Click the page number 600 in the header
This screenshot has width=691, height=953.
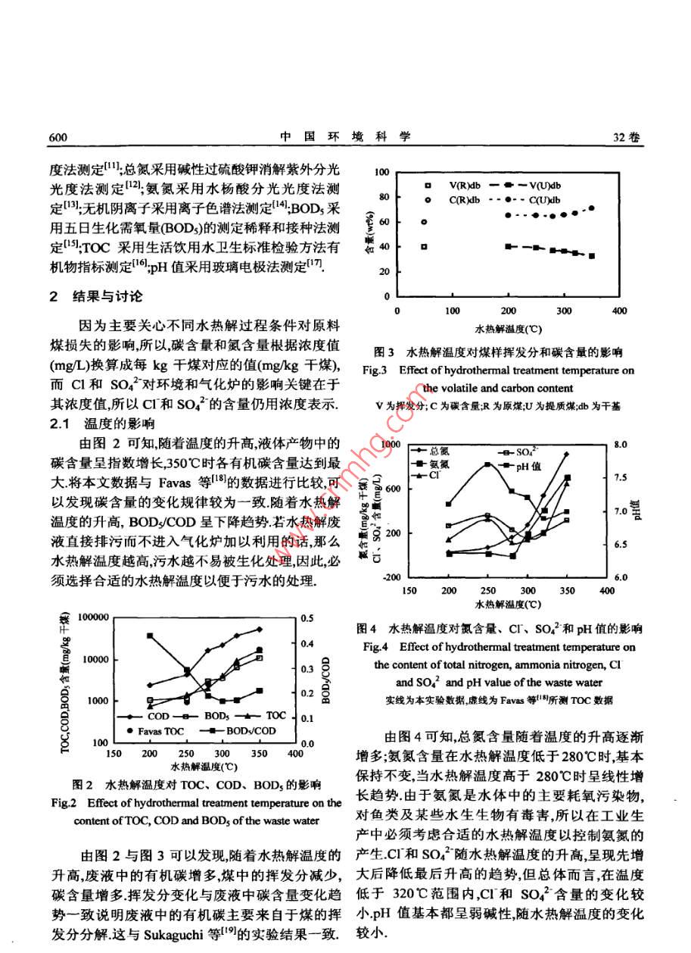point(59,137)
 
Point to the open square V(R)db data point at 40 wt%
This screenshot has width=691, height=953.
point(425,246)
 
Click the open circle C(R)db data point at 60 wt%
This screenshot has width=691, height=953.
point(425,222)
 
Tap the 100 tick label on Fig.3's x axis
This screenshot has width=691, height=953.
point(453,310)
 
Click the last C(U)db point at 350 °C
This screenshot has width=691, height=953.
point(591,208)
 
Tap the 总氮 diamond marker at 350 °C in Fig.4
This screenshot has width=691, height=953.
point(566,454)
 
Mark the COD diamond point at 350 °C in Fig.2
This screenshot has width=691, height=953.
point(259,629)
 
